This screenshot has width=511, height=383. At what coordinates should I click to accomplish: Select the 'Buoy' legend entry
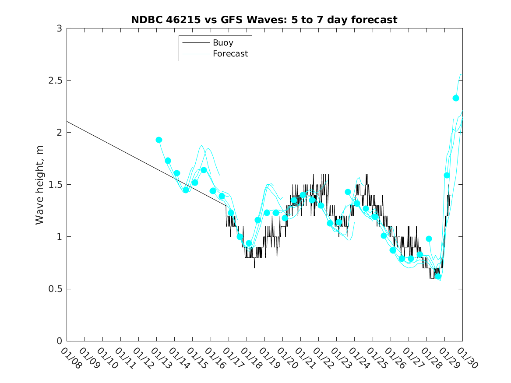pos(223,43)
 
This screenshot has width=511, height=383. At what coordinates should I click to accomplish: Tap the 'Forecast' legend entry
pos(230,54)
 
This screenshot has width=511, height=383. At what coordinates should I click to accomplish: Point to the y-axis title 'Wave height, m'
pos(40,185)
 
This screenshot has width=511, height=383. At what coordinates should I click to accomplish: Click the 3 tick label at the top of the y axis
pos(59,29)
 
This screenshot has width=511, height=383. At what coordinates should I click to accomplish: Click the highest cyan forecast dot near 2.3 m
pos(455,98)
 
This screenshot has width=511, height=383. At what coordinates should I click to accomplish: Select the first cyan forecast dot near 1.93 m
pos(159,140)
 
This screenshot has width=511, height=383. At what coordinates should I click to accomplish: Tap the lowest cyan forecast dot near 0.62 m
pos(438,277)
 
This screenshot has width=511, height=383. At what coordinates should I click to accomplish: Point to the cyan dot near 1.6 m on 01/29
pos(447,175)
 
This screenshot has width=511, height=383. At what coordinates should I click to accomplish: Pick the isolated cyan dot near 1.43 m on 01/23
pos(348,192)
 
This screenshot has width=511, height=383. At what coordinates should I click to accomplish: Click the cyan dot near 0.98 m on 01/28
pos(429,239)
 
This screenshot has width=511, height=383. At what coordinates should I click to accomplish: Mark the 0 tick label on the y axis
pos(59,341)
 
